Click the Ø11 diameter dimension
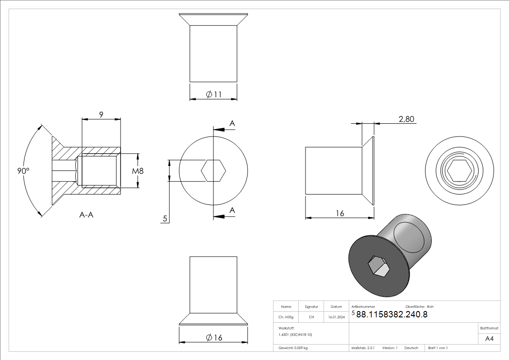point(213,94)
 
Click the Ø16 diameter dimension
point(214,338)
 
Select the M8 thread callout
point(138,171)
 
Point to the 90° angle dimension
point(23,171)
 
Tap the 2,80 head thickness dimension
point(407,119)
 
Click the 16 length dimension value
point(339,213)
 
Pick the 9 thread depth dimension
point(101,115)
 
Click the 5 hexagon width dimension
point(165,219)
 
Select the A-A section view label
point(87,214)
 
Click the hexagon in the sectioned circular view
point(213,171)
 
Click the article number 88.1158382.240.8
point(392,314)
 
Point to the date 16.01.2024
point(336,317)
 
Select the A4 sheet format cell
point(489,339)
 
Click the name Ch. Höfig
point(286,317)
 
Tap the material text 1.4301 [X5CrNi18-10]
point(295,335)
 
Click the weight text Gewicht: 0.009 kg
point(293,348)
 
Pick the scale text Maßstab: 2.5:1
point(363,348)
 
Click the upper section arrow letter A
point(232,123)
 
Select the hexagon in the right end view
point(459,171)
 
